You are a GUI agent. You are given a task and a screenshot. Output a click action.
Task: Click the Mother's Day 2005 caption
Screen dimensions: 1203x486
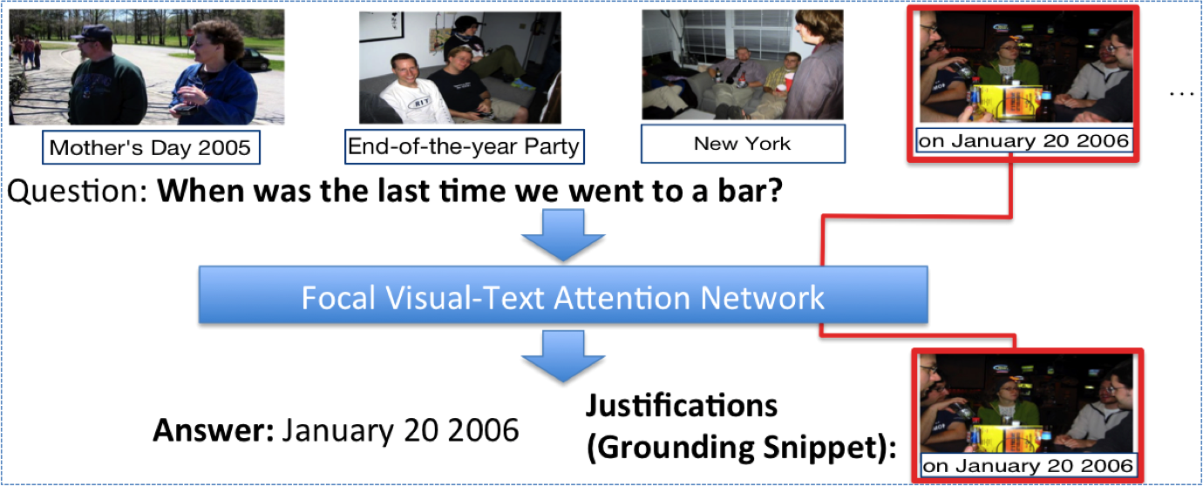coord(151,147)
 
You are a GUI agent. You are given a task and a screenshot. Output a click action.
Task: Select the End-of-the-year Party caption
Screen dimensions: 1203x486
coord(464,146)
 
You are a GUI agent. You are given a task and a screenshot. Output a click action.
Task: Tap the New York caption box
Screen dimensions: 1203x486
coord(743,144)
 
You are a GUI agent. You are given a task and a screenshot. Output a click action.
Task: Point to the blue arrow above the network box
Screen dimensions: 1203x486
coord(563,235)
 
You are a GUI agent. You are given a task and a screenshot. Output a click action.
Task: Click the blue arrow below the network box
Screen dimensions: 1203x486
coord(563,356)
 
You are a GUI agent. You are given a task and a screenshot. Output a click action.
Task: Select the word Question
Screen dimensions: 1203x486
coord(77,192)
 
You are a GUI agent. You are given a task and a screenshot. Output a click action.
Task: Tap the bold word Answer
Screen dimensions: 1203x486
coord(214,430)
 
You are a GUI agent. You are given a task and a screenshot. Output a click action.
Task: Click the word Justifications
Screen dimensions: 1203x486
coord(681,406)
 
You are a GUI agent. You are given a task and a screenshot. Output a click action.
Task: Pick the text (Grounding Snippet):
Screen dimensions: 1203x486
coord(741,447)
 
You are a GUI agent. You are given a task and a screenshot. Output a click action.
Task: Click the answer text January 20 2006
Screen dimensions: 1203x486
coord(401,430)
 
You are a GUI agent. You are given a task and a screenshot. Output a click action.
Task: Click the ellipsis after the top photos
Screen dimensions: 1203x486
coord(1181,94)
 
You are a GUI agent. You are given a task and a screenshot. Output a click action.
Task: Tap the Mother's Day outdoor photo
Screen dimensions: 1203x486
coord(146,67)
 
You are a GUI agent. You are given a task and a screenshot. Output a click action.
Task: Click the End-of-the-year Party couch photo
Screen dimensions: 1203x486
coord(460,68)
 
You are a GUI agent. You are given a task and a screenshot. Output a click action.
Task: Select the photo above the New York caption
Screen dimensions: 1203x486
coord(743,65)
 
